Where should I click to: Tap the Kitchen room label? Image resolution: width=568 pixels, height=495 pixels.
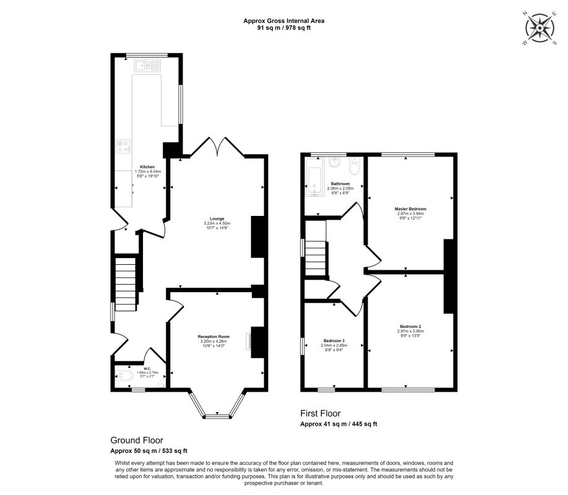point(147,167)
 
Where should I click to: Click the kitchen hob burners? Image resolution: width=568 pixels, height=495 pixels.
point(123,147)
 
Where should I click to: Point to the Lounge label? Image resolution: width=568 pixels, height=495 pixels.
point(217,218)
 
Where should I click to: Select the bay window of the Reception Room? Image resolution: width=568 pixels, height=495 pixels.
point(217,415)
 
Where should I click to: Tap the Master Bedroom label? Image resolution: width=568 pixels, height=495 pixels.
point(410,209)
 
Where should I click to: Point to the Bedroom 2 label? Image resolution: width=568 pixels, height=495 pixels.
point(410,326)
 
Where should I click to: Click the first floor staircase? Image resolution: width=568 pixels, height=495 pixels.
point(316,259)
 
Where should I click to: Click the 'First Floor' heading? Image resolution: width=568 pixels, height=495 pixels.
point(321,414)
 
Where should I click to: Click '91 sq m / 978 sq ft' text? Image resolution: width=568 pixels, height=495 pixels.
point(283,27)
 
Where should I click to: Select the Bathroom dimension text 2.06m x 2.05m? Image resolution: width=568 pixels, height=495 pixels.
point(340,188)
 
